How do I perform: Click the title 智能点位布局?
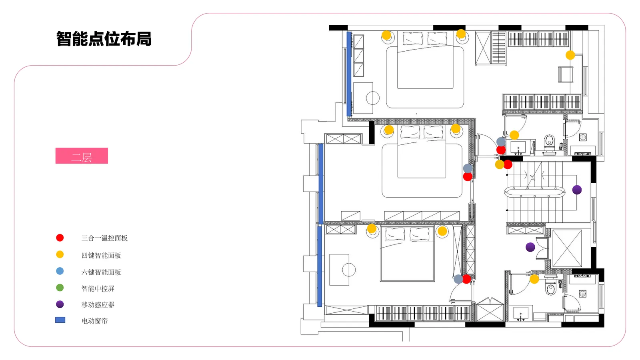pos(104,39)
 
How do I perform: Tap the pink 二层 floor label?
pos(82,156)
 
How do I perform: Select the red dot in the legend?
pos(60,238)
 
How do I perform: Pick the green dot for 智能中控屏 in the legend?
pos(60,288)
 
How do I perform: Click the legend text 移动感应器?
pos(98,304)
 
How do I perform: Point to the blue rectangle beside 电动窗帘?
pos(60,320)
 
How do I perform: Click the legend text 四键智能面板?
pos(101,255)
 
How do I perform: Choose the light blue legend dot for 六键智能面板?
pos(60,271)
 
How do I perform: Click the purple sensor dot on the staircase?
pos(577,190)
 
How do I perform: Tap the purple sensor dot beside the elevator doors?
pos(530,247)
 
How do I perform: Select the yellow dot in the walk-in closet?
pos(570,55)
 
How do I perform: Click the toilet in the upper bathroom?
pos(549,142)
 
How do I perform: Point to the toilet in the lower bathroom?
pos(551,288)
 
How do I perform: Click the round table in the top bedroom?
pos(373,98)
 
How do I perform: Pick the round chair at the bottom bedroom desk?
pos(349,270)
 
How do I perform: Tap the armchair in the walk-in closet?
pos(566,74)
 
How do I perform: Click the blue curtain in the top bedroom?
pos(349,74)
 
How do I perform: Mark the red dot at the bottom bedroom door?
pos(467,279)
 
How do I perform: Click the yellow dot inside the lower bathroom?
pos(534,279)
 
